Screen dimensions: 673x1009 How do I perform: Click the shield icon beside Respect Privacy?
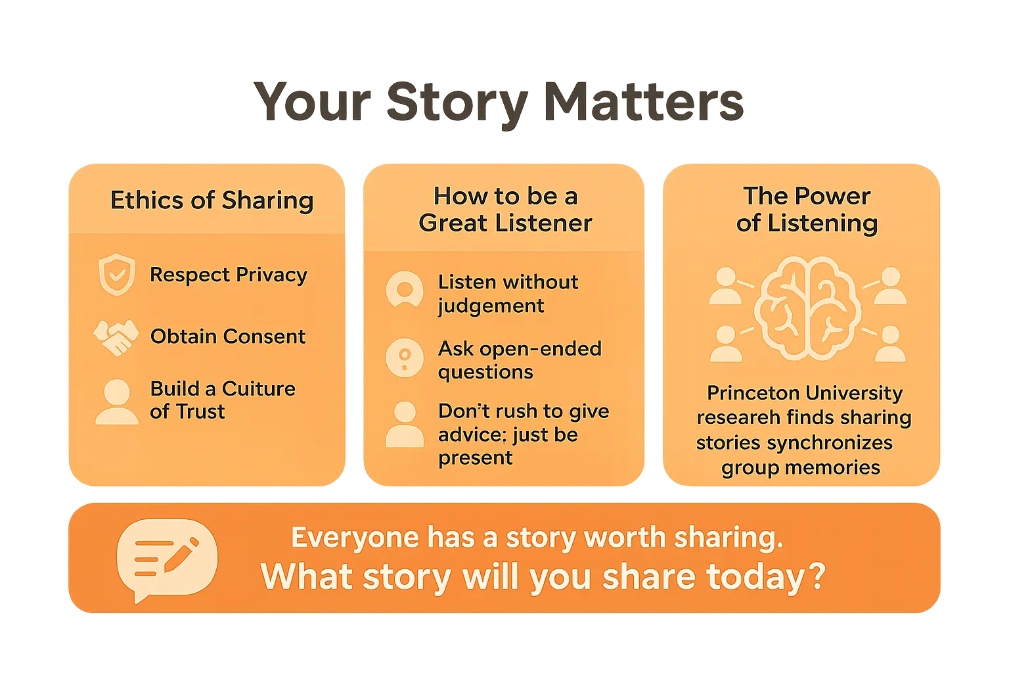(x=117, y=275)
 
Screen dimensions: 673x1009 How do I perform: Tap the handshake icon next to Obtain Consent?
(x=116, y=337)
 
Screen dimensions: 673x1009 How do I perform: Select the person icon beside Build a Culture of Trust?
(x=117, y=402)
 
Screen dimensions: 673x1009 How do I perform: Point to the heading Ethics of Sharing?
(x=212, y=200)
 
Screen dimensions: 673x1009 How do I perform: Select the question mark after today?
(x=817, y=577)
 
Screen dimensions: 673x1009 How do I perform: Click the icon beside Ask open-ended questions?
(x=405, y=358)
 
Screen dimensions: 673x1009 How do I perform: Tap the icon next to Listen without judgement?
(x=405, y=289)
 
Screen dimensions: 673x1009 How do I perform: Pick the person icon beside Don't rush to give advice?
(x=405, y=425)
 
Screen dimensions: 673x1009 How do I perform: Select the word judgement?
(x=491, y=306)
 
